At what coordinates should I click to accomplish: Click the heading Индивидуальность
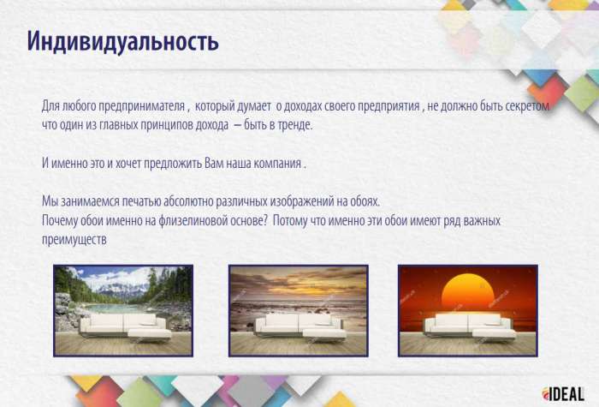pos(122,40)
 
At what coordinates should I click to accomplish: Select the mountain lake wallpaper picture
pos(123,309)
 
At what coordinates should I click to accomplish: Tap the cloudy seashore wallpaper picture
pos(298,309)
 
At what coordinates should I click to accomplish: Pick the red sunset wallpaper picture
pos(467,309)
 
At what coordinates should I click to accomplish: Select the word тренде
pos(294,124)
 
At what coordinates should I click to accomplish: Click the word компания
pos(278,163)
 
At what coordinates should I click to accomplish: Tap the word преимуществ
pos(74,239)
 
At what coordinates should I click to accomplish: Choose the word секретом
pos(524,107)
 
